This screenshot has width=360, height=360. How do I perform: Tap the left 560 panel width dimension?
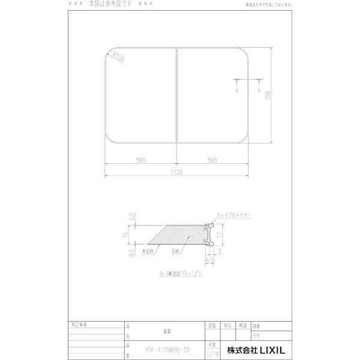pos(141,160)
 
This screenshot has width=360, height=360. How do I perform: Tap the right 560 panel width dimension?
pos(212,160)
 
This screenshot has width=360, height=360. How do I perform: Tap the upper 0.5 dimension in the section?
pos(131,217)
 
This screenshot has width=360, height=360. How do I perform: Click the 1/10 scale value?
pos(211,354)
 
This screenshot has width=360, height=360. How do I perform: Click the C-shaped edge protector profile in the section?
pos(209,236)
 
